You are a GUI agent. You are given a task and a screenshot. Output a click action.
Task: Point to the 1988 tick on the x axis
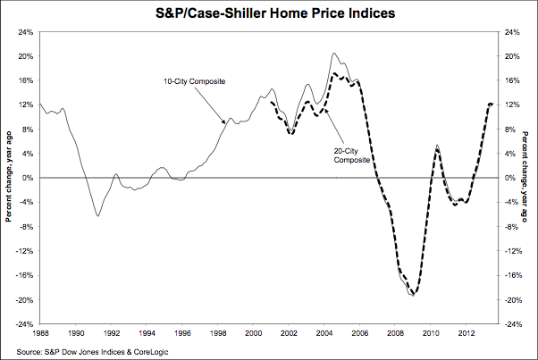click(41, 334)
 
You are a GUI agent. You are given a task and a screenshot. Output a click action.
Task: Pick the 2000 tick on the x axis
click(254, 334)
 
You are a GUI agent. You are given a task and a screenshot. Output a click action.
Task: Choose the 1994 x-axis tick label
click(147, 334)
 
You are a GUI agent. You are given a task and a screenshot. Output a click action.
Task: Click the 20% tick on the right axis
click(512, 55)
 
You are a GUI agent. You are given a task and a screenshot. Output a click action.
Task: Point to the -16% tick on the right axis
click(514, 275)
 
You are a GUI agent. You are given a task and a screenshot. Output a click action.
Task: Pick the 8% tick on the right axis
click(509, 129)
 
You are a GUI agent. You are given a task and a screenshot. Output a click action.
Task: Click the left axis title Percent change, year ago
click(8, 178)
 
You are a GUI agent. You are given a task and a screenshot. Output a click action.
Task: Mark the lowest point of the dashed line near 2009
click(412, 294)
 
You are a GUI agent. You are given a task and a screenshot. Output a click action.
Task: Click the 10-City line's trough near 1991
click(97, 215)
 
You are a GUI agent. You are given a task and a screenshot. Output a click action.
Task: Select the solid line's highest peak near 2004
click(333, 54)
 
